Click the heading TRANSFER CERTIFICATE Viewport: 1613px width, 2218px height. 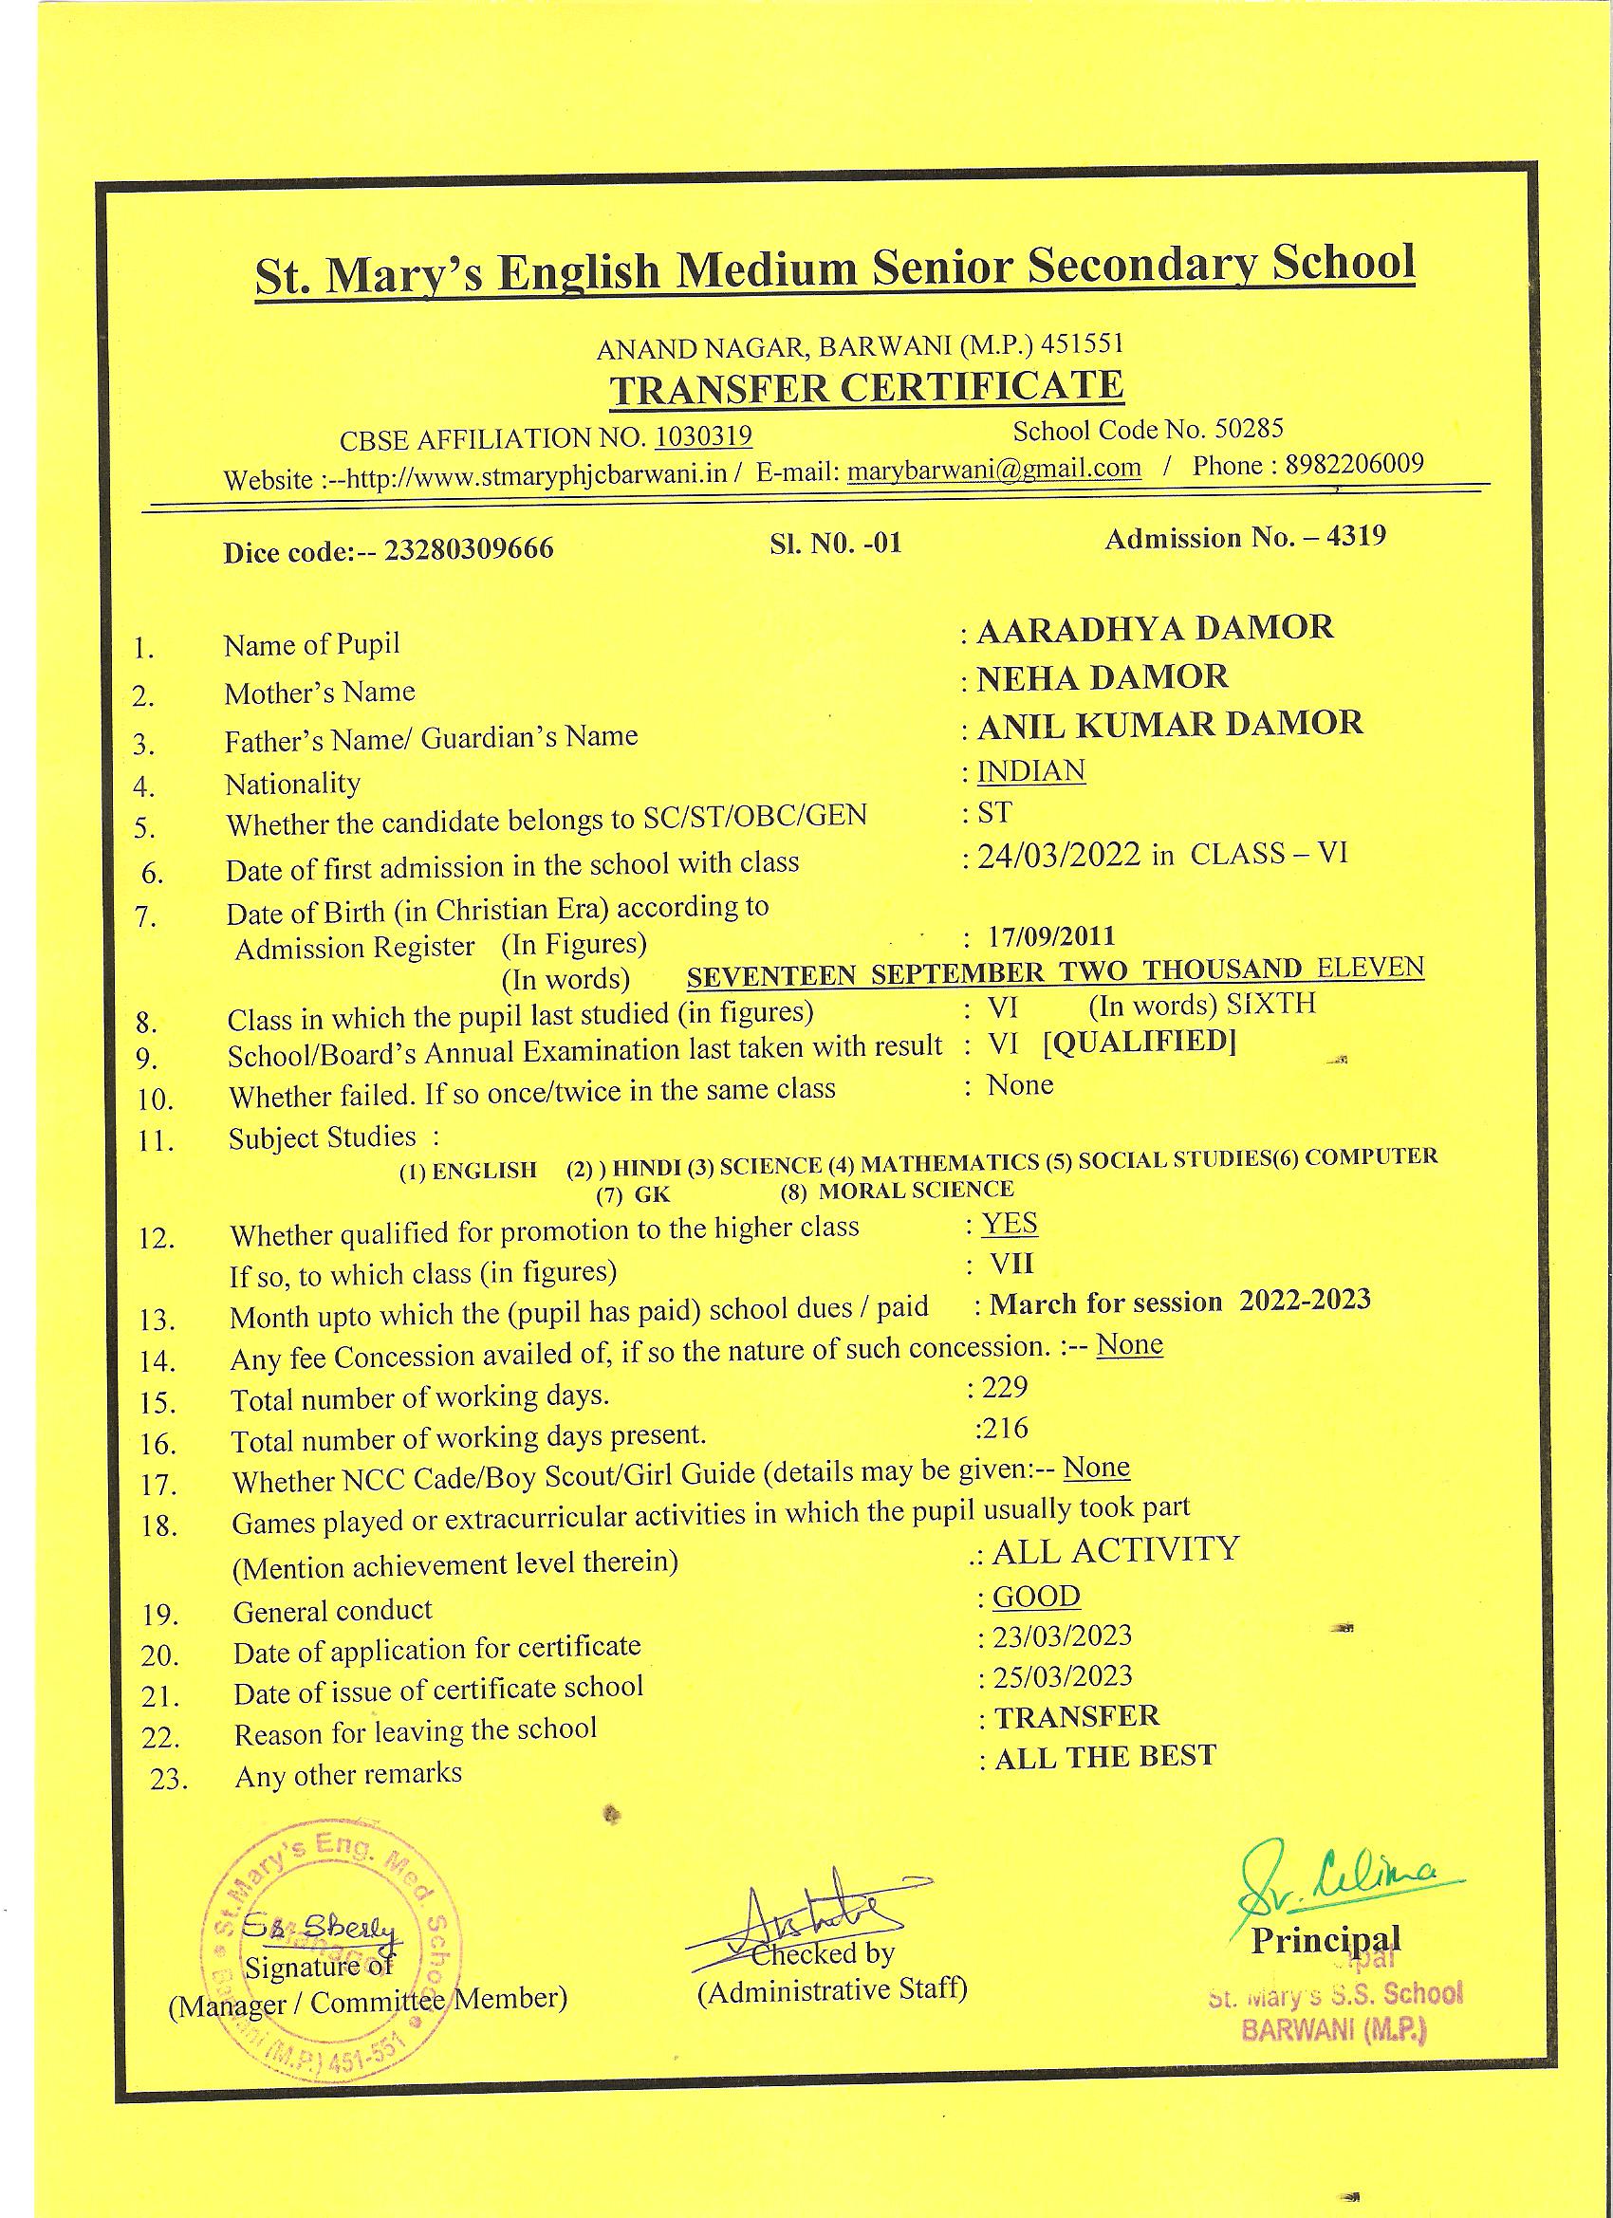tap(866, 388)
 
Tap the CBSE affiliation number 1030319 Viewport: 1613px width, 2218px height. tap(702, 436)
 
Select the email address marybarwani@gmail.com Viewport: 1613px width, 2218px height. tap(993, 469)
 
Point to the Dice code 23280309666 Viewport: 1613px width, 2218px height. tap(469, 549)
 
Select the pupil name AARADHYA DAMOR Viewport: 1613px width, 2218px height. tap(1154, 628)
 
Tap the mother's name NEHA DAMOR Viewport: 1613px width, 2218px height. tap(1103, 676)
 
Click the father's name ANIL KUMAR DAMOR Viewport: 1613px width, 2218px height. tap(1170, 724)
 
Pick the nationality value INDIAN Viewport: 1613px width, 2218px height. tap(1031, 771)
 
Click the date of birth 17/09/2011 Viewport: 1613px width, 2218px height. tap(1050, 936)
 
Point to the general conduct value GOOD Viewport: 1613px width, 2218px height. tap(1036, 1597)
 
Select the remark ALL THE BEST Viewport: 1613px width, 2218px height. tap(1105, 1756)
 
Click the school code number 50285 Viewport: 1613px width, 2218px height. tap(1248, 430)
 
